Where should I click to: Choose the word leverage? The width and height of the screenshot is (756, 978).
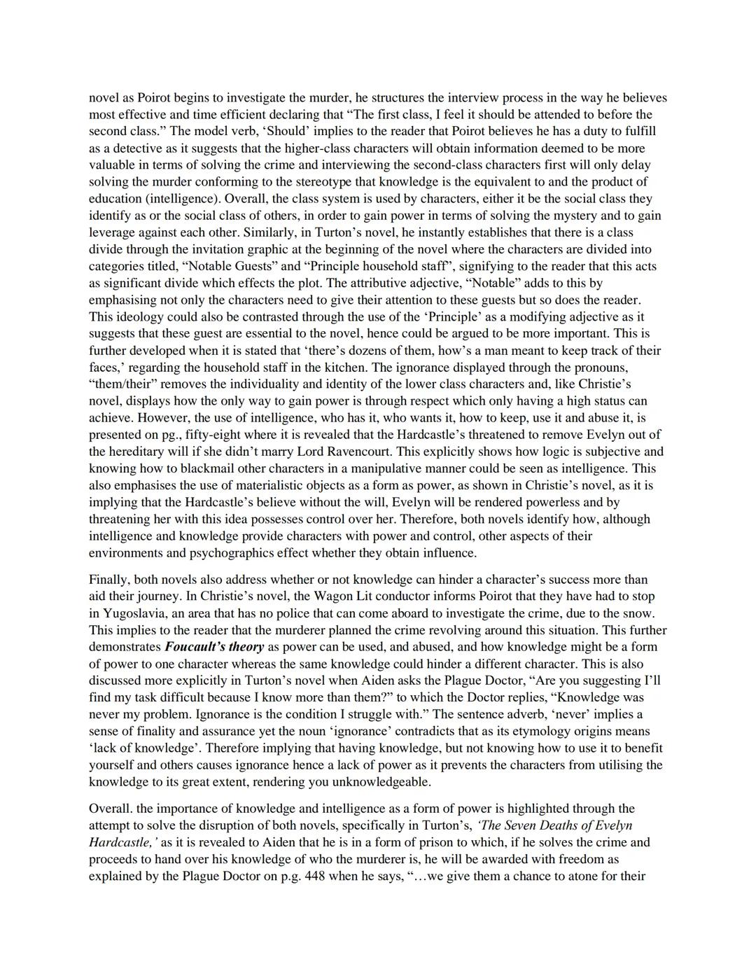click(x=112, y=232)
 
